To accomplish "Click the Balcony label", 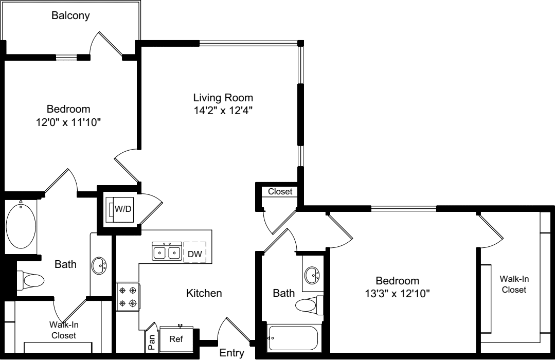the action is coord(70,15).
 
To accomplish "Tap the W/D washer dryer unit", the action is coord(120,209).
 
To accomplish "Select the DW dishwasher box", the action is coord(194,251).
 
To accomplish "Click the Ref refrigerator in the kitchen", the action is coord(176,339).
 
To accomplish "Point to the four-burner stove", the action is coord(128,297).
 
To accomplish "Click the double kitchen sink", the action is coord(167,251).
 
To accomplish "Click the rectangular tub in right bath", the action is coord(293,338).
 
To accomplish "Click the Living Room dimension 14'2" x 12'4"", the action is coord(223,111).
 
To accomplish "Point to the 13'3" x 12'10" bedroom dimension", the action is coord(397,294).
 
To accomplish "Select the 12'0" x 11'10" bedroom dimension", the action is coord(68,122).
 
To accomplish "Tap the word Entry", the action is coord(232,353).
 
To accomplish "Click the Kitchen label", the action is coord(204,293).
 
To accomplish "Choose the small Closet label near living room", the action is coord(280,191).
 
